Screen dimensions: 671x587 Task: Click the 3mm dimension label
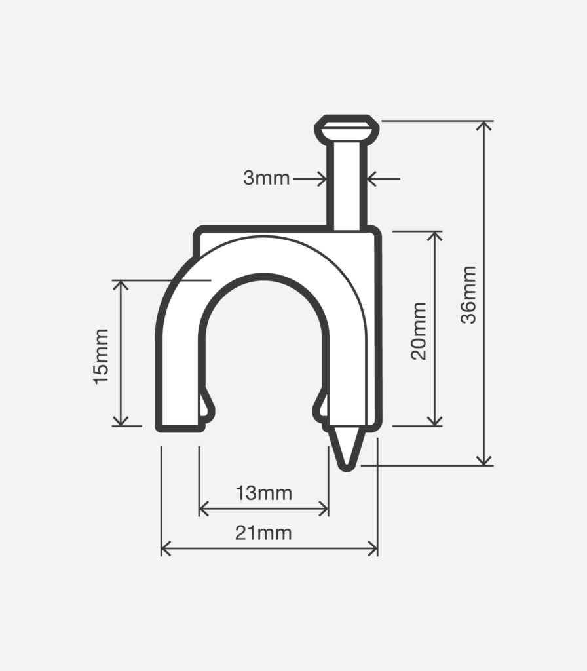[266, 178]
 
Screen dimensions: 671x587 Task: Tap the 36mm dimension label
[468, 294]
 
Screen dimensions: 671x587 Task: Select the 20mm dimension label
[419, 330]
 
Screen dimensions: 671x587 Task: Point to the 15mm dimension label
[102, 356]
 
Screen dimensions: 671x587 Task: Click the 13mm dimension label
[264, 493]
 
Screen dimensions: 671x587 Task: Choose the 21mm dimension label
[263, 533]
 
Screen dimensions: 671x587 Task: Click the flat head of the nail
[347, 128]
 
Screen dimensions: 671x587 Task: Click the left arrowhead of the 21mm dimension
[166, 548]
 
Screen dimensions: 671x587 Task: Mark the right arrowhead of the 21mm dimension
[373, 548]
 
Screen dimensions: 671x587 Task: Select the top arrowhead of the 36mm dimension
[484, 126]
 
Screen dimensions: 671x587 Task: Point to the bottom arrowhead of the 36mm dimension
[484, 460]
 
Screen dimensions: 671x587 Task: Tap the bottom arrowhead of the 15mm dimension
[121, 421]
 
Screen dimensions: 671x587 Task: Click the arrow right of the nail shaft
[371, 178]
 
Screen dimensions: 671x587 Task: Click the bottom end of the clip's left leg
[180, 426]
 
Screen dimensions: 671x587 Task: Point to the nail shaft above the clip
[347, 187]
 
